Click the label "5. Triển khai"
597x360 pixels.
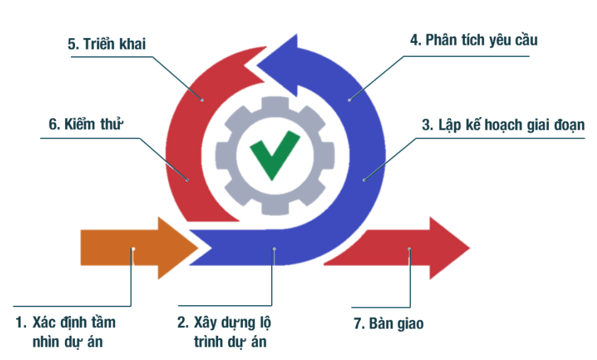tap(106, 43)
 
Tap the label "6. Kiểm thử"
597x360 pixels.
tap(86, 124)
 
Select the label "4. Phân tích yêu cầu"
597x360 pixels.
tap(474, 40)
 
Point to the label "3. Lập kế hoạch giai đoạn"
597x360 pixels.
tap(503, 125)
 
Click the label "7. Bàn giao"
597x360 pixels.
tap(389, 323)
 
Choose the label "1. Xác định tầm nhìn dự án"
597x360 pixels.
tap(66, 332)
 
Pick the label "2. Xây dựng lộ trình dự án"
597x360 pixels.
tap(224, 332)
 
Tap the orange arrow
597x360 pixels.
tap(139, 248)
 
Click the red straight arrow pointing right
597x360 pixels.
tap(397, 248)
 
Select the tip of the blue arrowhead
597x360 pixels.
tap(256, 65)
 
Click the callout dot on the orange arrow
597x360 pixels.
tap(133, 250)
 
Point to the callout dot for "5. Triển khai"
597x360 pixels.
tap(202, 100)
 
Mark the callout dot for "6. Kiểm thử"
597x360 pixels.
tap(187, 179)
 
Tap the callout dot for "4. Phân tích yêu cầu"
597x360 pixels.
tap(349, 100)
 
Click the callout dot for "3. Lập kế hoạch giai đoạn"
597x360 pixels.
tap(364, 179)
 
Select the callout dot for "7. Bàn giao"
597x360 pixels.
tap(410, 250)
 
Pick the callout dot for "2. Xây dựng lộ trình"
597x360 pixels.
tap(274, 250)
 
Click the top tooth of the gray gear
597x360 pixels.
tap(275, 103)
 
